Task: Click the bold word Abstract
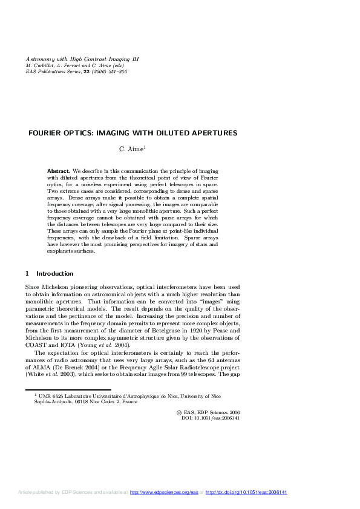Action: (x=59, y=171)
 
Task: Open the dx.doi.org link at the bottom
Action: (x=246, y=493)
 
